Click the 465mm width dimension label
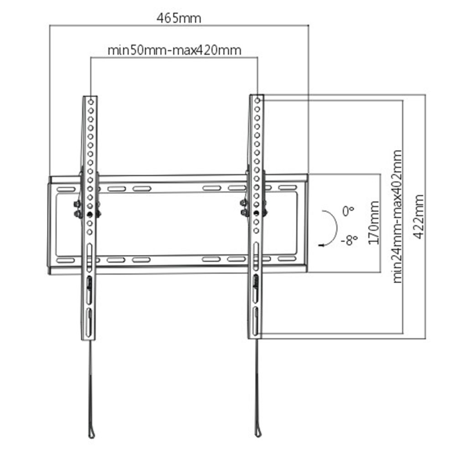[x=178, y=18]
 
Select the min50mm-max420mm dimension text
[x=174, y=50]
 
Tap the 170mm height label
[x=374, y=222]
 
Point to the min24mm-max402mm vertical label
[x=398, y=217]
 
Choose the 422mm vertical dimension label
[x=420, y=217]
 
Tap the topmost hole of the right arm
[x=258, y=101]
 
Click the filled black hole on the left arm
[x=90, y=214]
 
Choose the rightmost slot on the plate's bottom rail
[x=287, y=259]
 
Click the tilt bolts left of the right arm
[x=245, y=207]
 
